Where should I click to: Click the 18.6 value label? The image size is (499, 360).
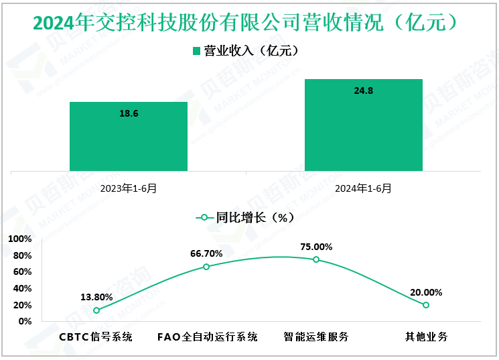click(x=129, y=113)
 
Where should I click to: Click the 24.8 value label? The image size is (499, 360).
click(x=364, y=91)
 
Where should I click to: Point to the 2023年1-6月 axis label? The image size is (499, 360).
click(x=129, y=188)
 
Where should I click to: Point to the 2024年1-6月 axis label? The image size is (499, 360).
click(x=364, y=188)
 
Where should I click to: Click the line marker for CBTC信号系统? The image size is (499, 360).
click(x=96, y=310)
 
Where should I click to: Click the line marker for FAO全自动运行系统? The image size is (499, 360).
click(x=206, y=267)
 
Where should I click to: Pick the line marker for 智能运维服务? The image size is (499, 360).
click(x=316, y=259)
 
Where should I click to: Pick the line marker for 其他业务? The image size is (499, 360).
click(x=426, y=305)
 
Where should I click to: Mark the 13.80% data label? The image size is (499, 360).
click(x=96, y=297)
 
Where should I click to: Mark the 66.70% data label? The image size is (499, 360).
click(x=206, y=253)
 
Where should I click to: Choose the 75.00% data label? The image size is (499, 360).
click(x=316, y=246)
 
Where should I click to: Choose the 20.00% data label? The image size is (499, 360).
click(x=426, y=292)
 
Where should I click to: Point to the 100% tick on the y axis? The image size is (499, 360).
click(x=20, y=239)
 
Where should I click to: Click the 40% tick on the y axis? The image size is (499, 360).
click(x=22, y=288)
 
